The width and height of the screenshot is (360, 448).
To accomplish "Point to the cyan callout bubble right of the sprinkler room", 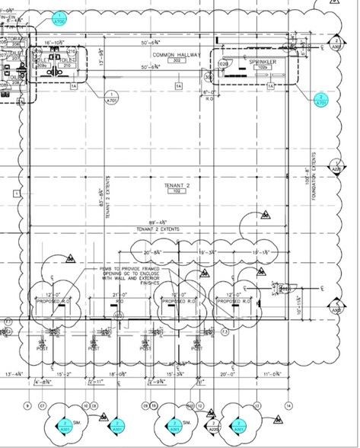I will [321, 99].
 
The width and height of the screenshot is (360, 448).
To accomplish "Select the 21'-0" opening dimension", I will [120, 293].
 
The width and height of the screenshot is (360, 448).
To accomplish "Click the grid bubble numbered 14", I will [288, 405].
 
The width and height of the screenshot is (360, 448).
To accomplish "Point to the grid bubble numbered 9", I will [29, 405].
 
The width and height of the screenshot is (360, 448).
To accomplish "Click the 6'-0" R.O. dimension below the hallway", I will [211, 93].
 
